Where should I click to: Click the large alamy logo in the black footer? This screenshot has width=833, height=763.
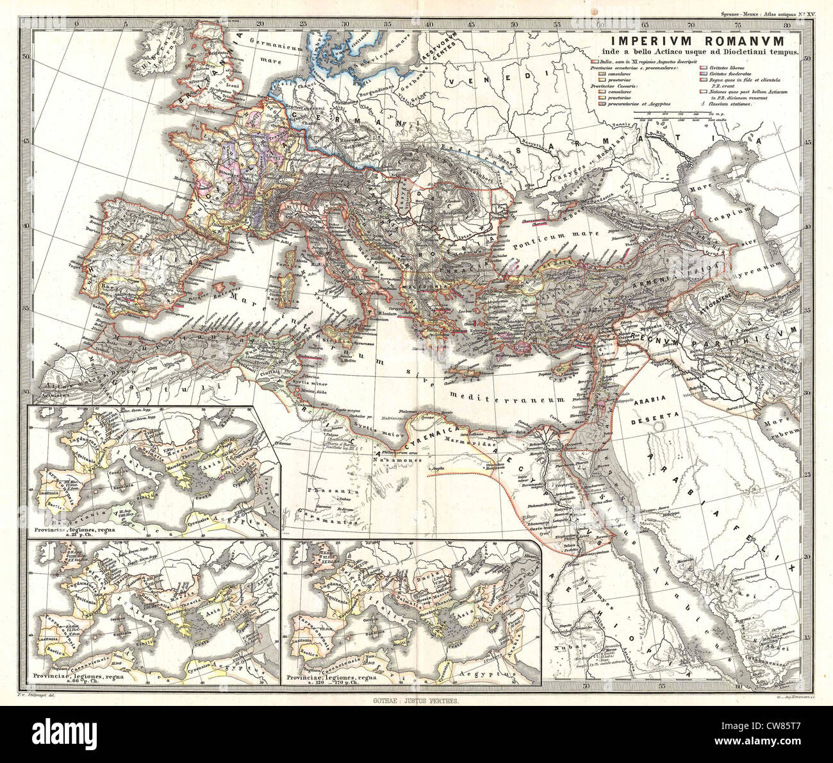pos(71,734)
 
